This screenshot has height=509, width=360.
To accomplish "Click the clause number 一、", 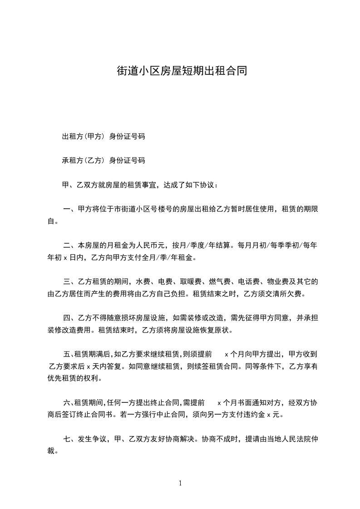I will point(70,210).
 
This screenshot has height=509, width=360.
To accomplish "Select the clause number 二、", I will point(70,246).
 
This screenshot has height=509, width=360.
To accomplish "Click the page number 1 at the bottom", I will point(180,483).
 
